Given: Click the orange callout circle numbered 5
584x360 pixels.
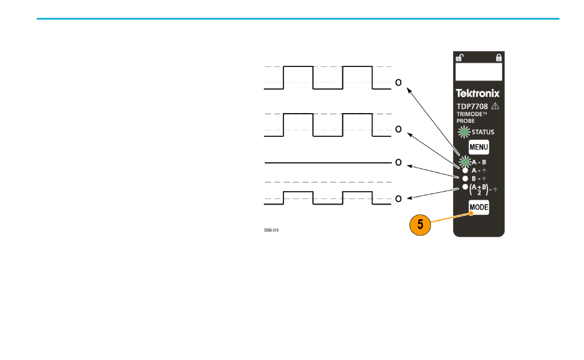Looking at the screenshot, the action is coord(420,224).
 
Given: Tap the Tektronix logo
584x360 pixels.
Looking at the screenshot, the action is coord(478,93).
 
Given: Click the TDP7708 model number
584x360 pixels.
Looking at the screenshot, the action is coord(472,106).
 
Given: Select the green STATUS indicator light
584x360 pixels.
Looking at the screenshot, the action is coord(464,132).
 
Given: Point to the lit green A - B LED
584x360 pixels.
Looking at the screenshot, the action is coord(465,162).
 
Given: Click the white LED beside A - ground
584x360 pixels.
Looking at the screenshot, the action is coord(465,171).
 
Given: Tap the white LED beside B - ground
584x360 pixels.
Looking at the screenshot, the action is coord(465,179).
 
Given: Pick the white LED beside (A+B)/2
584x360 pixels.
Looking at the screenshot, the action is coord(465,187).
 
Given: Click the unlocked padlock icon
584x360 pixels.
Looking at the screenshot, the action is coord(460,58).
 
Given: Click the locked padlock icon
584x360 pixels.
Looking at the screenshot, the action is coord(499,58).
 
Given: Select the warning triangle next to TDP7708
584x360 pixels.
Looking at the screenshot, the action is coord(495,106).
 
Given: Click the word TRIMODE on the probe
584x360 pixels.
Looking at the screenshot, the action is coord(470,114).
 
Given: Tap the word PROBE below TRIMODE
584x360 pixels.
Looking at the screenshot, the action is coord(465,121).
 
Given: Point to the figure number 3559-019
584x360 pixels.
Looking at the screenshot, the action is coord(271,230).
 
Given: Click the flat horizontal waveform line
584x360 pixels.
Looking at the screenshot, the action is coord(328,163).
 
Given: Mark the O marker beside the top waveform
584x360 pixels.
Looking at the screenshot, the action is coord(398,83).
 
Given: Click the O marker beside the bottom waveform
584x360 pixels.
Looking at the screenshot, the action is coord(398,199).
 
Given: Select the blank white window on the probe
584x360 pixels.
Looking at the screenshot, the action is coord(479,72).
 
